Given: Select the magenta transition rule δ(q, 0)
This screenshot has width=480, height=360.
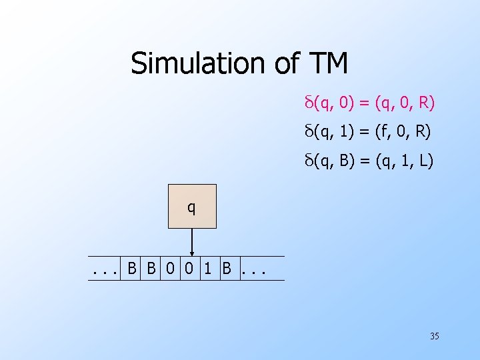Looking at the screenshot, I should pos(368,103).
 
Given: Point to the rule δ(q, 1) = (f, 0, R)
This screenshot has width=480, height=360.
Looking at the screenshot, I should pos(367,132).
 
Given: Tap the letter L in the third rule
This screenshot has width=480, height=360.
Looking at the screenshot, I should pos(424,161).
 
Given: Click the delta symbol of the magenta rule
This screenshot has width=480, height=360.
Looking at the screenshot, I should pos(308,103).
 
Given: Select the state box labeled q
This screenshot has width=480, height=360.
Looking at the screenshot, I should pos(192,207).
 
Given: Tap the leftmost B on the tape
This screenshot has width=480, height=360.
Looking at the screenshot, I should pos(132,269).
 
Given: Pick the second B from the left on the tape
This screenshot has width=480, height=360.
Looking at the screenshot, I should pos(151,269).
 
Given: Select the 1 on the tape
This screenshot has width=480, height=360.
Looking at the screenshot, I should pos(209,269).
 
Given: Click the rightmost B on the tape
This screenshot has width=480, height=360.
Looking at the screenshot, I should pos(227,269).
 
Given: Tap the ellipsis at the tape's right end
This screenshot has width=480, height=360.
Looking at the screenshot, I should pos(254,270).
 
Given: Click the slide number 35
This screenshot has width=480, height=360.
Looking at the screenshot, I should pos(434,337).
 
